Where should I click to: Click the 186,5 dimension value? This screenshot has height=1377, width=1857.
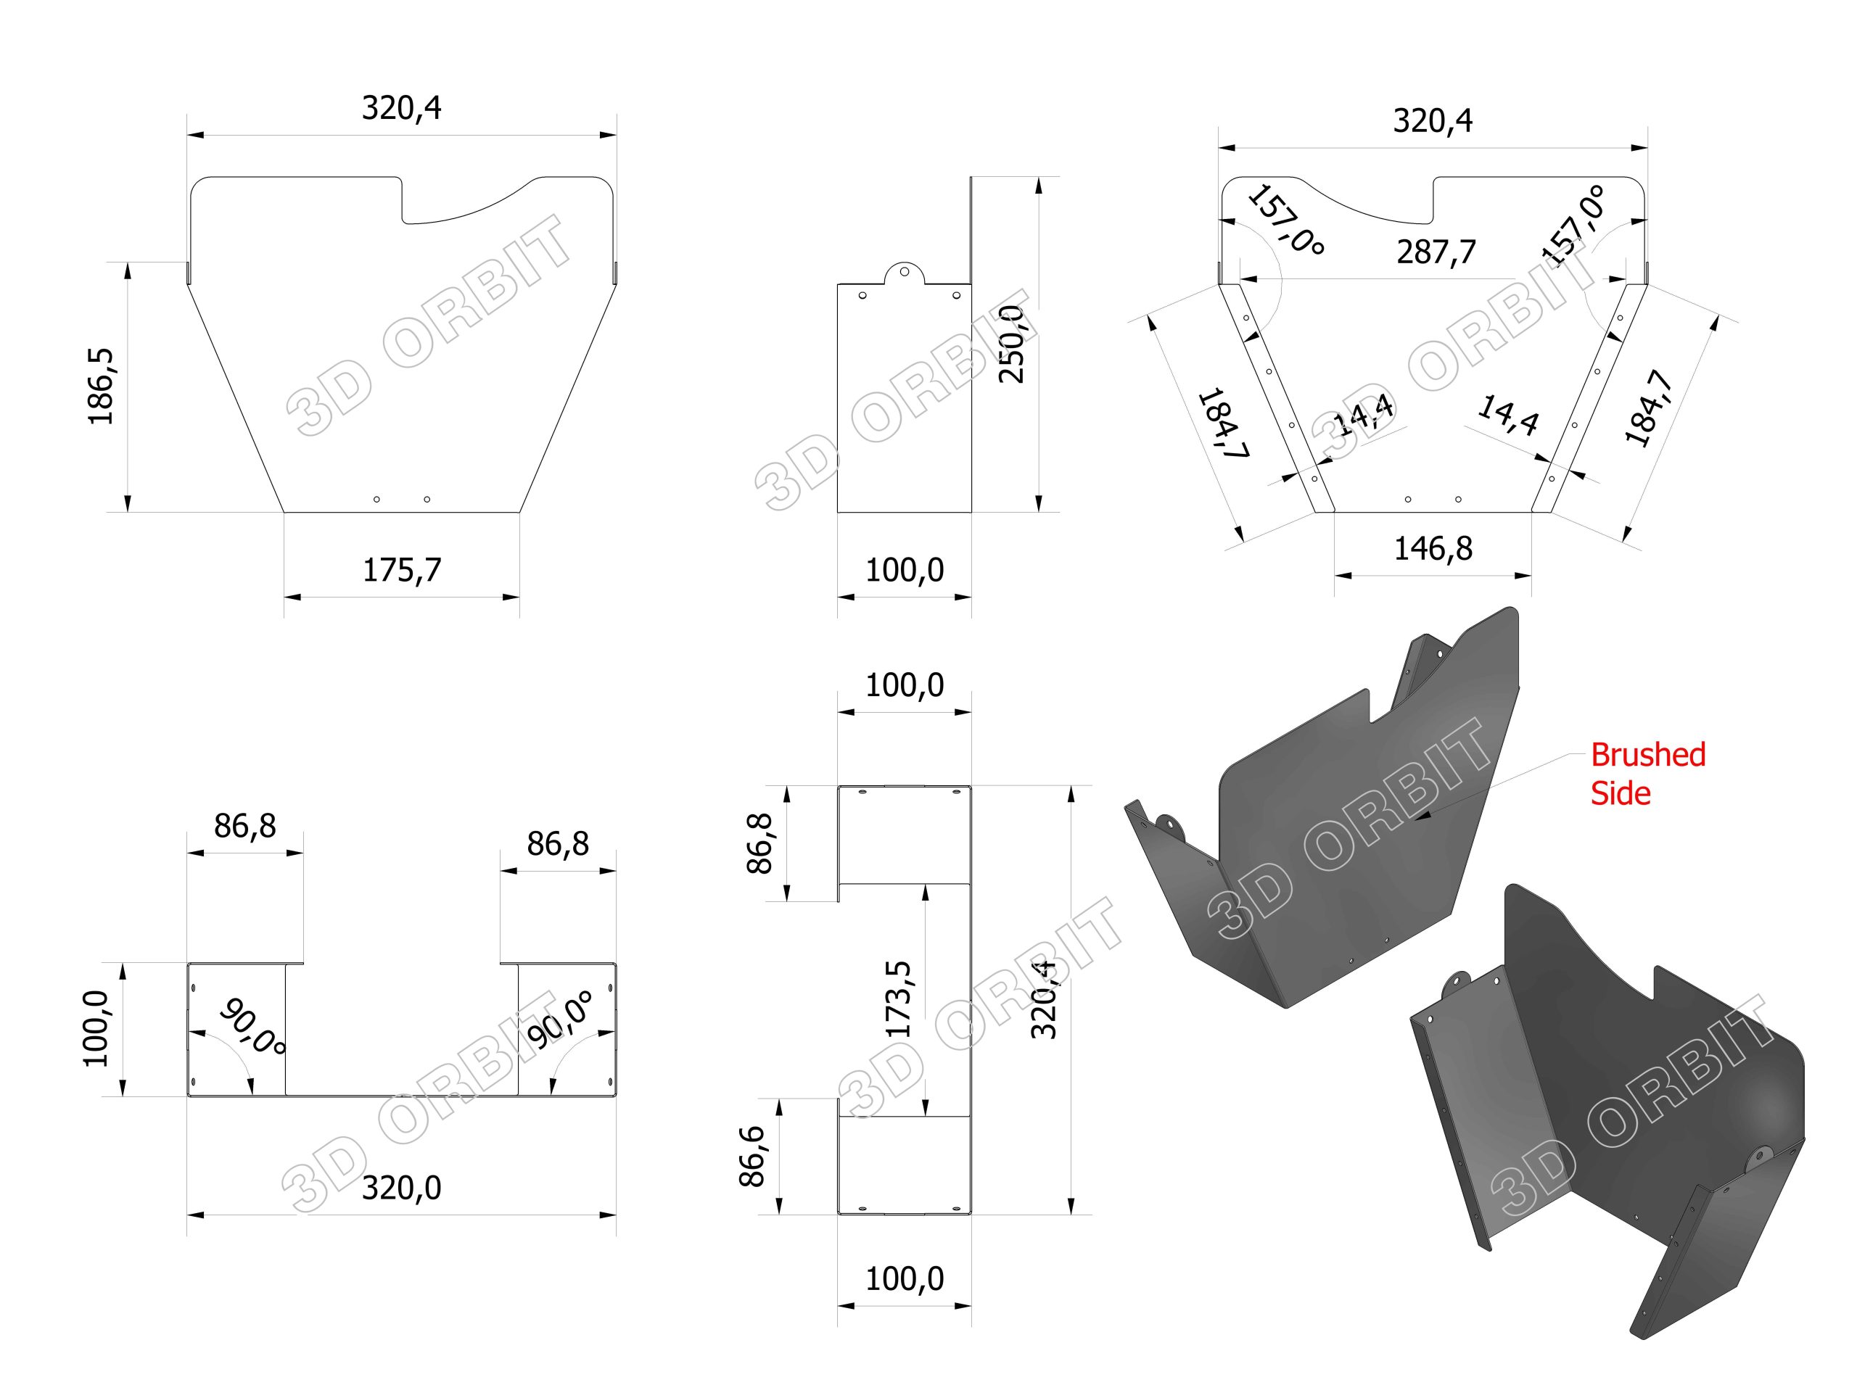coord(101,386)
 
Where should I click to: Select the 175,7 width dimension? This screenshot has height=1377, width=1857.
coord(402,570)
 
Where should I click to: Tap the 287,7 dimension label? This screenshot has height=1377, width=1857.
coord(1436,252)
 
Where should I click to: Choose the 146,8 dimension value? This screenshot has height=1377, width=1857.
coord(1433,548)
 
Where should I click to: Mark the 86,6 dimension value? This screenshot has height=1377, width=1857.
coord(752,1155)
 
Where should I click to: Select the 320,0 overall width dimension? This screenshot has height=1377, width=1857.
coord(402,1188)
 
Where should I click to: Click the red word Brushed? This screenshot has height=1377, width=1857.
coord(1647,755)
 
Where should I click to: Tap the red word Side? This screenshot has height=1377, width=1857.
coord(1621,793)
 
